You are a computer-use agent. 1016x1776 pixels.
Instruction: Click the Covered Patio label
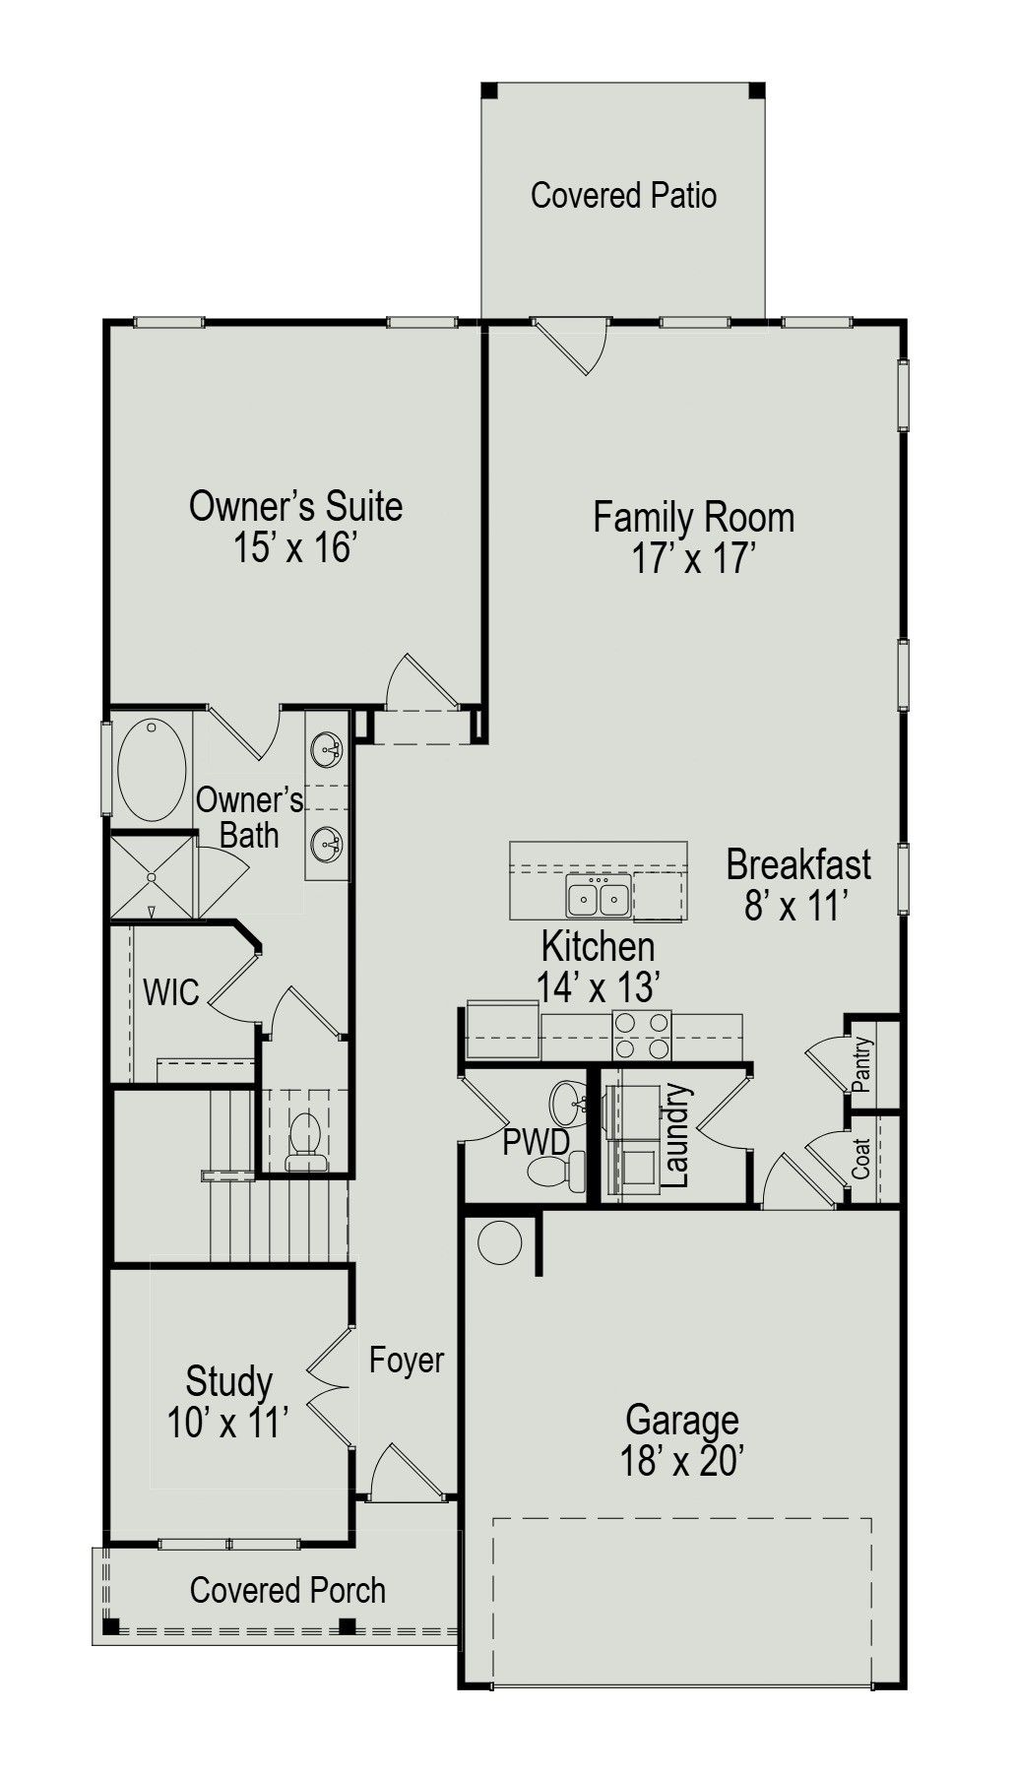(623, 195)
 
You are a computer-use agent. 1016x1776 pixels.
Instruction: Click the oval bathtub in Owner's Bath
(152, 770)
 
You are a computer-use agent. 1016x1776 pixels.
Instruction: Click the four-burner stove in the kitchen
(642, 1035)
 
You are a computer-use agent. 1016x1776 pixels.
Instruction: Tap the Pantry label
(862, 1064)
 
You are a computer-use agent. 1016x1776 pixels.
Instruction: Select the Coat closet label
(861, 1159)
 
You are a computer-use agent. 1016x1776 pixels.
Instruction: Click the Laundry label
(676, 1135)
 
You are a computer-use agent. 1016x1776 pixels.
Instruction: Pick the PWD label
(536, 1142)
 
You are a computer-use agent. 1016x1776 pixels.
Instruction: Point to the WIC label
(171, 991)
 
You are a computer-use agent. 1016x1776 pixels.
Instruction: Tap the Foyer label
(407, 1360)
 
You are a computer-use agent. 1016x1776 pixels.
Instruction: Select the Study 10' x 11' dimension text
(228, 1423)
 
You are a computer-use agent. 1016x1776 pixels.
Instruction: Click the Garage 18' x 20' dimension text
(681, 1461)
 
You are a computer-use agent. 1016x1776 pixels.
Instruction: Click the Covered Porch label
(287, 1590)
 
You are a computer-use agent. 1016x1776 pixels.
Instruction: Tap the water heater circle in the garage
(499, 1242)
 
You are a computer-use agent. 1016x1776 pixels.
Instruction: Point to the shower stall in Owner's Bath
(153, 877)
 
